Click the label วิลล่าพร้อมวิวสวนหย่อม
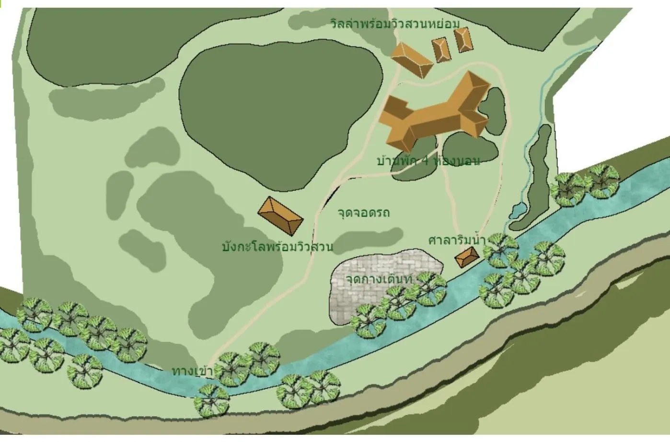pyautogui.click(x=394, y=24)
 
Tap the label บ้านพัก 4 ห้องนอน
pyautogui.click(x=428, y=161)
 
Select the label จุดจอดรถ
pyautogui.click(x=363, y=212)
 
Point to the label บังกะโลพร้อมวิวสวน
pyautogui.click(x=277, y=247)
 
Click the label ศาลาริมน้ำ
pyautogui.click(x=457, y=239)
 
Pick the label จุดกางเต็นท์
pyautogui.click(x=379, y=279)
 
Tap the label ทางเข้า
pyautogui.click(x=192, y=371)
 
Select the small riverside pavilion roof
pyautogui.click(x=467, y=257)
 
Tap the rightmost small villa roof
pyautogui.click(x=463, y=39)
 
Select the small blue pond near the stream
pyautogui.click(x=517, y=210)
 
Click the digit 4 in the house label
pyautogui.click(x=424, y=161)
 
